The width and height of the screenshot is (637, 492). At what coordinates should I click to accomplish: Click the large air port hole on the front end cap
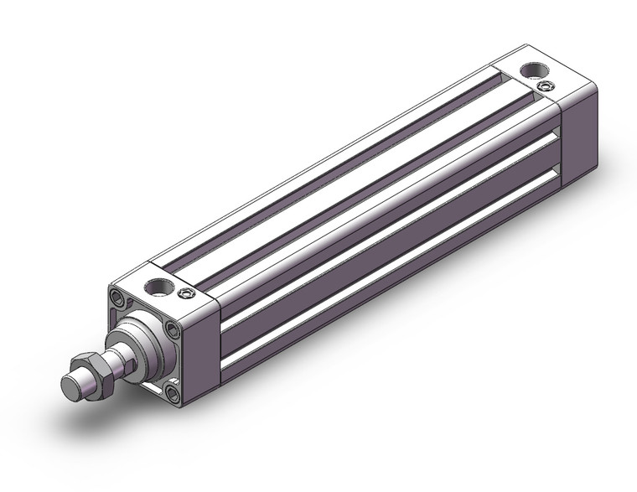click(156, 287)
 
